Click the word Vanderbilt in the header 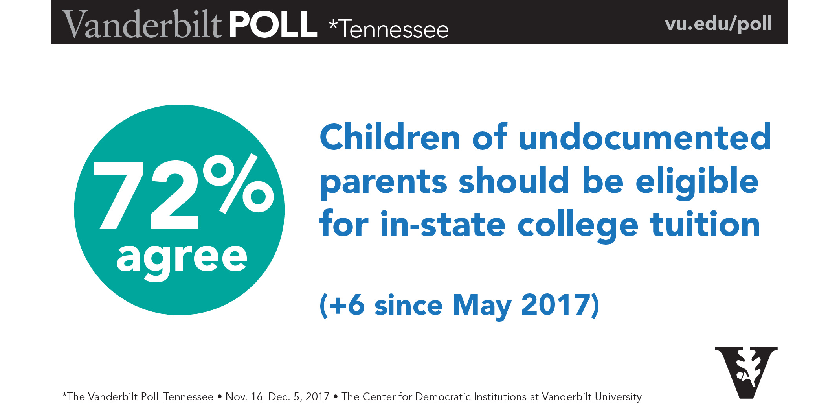click(x=141, y=24)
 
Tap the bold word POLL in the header click(x=273, y=24)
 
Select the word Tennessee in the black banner click(x=394, y=30)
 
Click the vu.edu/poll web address click(x=718, y=24)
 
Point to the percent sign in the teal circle click(x=239, y=183)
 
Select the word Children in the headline click(x=390, y=138)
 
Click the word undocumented click(x=644, y=138)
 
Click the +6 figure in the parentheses click(x=347, y=305)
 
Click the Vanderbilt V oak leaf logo click(x=746, y=372)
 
